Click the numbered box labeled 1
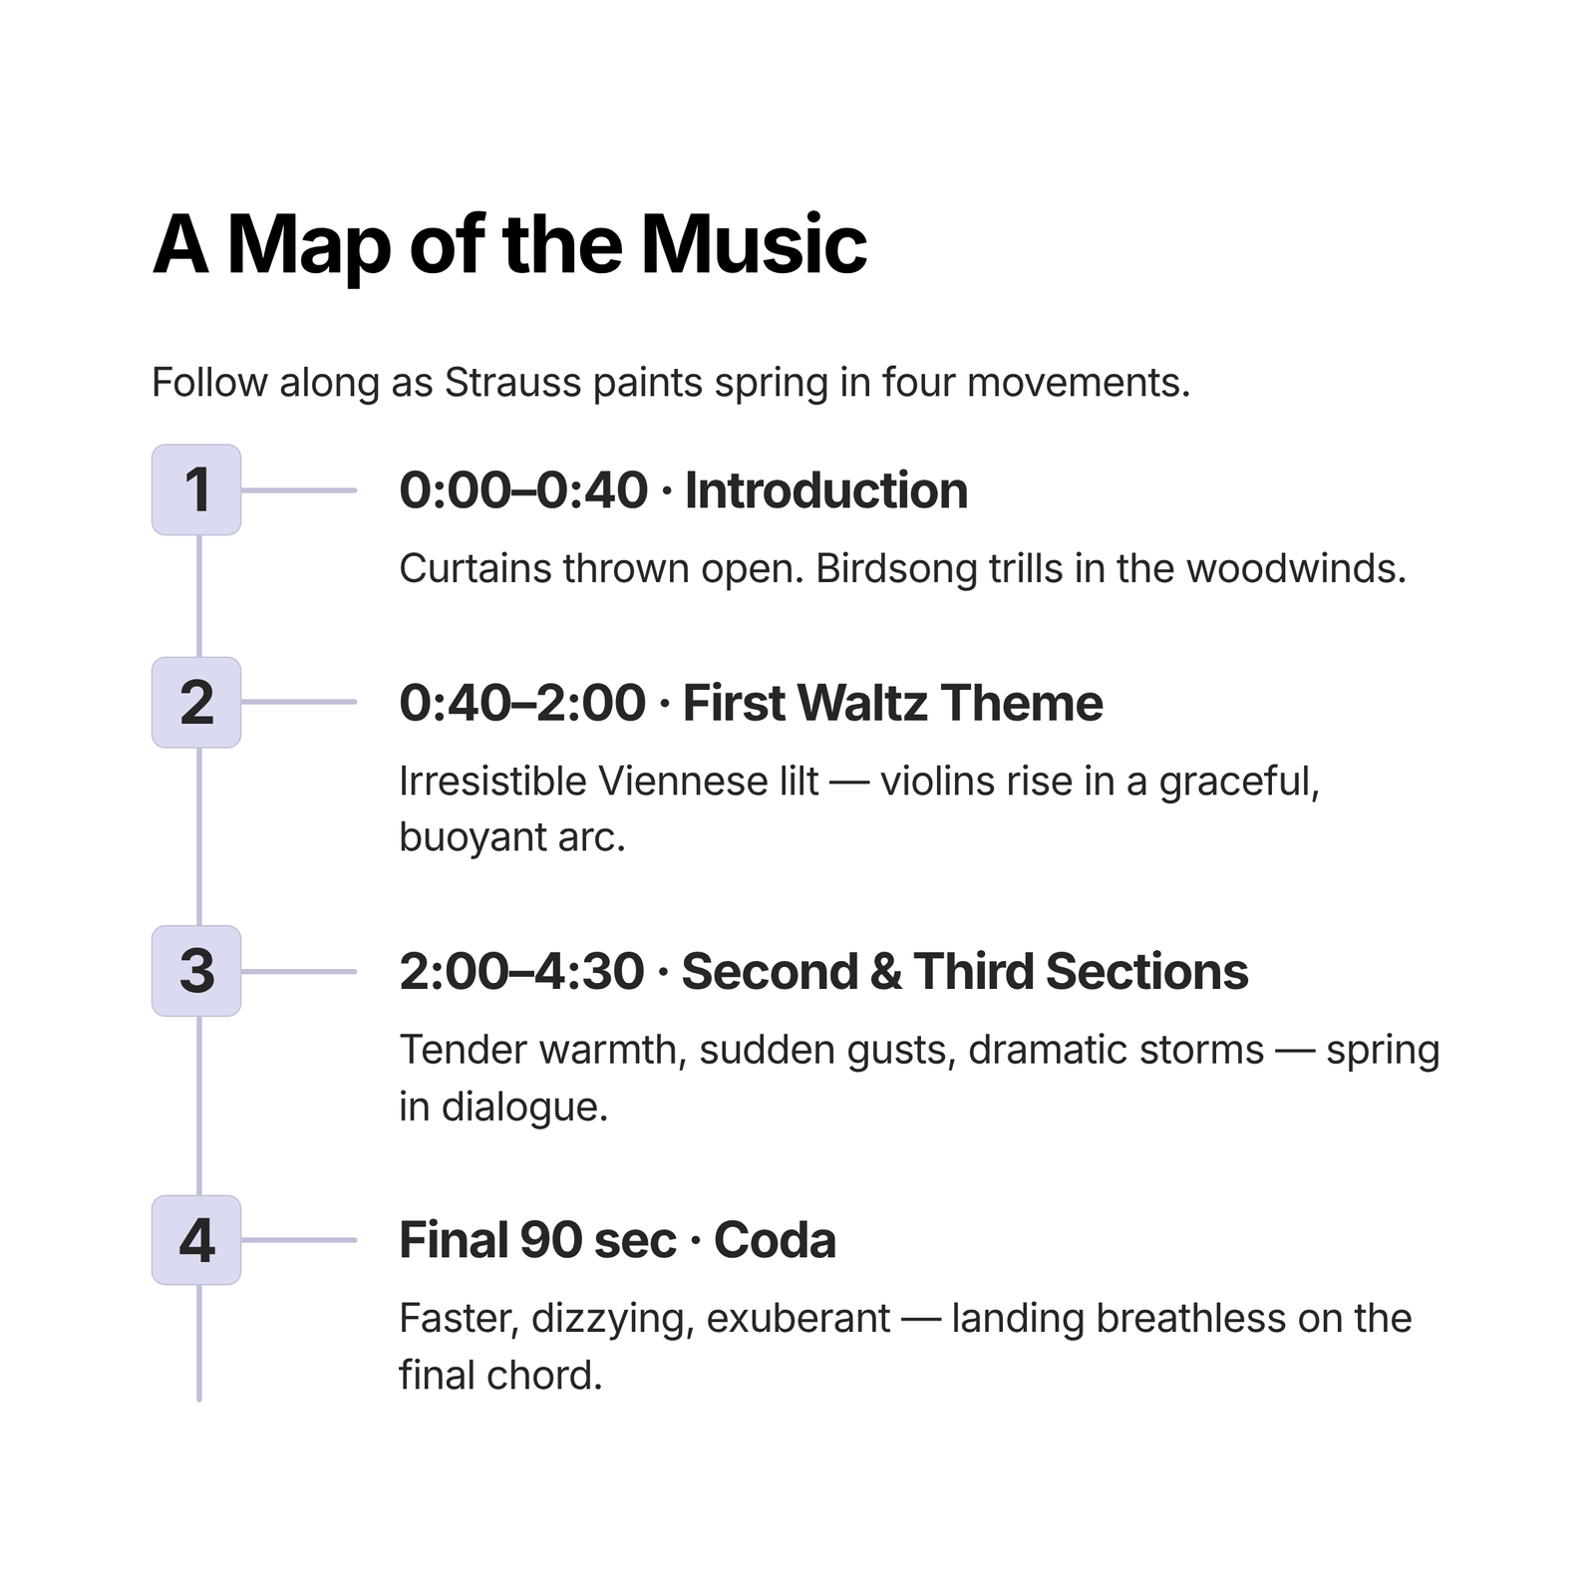(196, 489)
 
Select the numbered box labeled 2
(196, 702)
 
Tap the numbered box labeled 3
(196, 971)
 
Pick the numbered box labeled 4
(196, 1240)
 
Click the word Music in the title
(754, 245)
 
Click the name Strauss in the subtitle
(512, 383)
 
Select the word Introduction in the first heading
(826, 490)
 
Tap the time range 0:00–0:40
(523, 490)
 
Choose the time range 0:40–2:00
(522, 703)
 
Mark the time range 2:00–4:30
(521, 972)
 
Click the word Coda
(775, 1241)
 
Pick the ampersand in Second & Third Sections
(885, 972)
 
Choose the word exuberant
(797, 1319)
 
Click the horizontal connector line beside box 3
(299, 971)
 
